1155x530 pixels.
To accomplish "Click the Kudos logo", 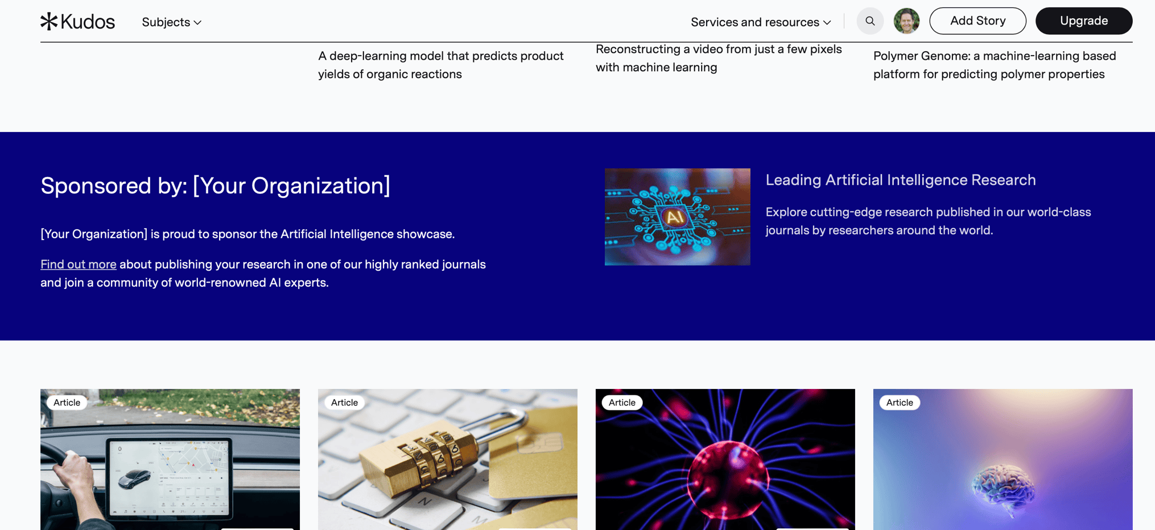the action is [78, 22].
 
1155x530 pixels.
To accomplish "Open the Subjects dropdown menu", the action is [171, 22].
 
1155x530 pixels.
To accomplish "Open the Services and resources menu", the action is [761, 22].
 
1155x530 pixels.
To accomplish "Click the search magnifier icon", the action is [870, 21].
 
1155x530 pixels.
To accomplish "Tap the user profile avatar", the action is [906, 21].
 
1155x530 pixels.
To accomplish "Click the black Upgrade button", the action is [1084, 21].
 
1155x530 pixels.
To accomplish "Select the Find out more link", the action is [79, 264].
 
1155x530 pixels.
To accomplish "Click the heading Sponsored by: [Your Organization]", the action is [216, 186].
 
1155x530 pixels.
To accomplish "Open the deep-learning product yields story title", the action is [441, 65].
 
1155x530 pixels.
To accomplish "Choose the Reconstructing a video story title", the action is [719, 58].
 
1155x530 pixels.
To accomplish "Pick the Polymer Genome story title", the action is [995, 65].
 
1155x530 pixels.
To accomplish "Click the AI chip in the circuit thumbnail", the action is [675, 217].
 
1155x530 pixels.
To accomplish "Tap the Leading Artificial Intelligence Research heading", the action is [901, 180].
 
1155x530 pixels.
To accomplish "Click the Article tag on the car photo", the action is [67, 403].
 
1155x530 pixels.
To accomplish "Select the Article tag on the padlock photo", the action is [345, 403].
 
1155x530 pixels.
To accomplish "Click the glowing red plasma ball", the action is [728, 480].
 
